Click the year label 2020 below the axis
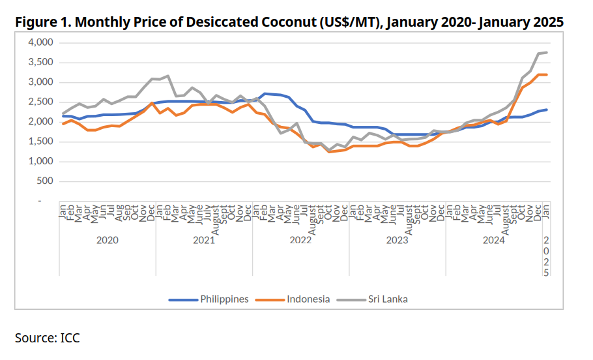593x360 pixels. (107, 240)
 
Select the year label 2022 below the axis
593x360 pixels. (300, 240)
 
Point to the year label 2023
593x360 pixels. (397, 240)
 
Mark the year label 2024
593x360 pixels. (493, 240)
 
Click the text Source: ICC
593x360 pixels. (47, 338)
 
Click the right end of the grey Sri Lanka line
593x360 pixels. (546, 52)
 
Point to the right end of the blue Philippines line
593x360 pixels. (546, 110)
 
